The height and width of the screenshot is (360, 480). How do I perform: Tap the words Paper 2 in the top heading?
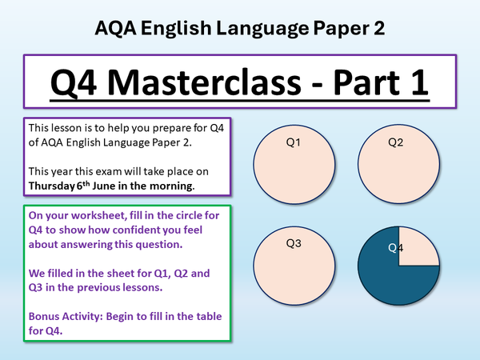[x=350, y=30]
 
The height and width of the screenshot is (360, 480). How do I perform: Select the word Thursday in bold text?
[x=54, y=186]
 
